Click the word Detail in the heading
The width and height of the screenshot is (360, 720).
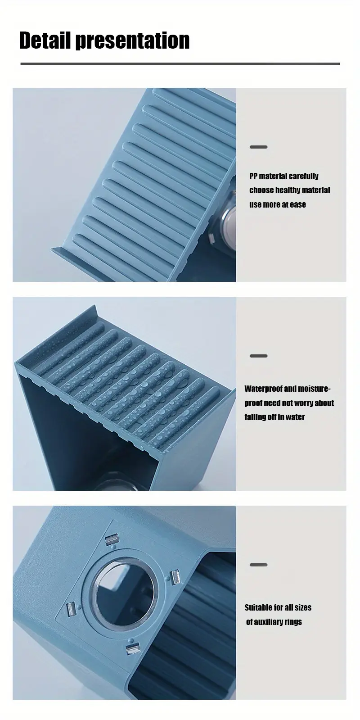(x=45, y=41)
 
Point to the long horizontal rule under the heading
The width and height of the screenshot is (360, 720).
(x=180, y=64)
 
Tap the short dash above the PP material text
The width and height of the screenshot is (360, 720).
(x=258, y=147)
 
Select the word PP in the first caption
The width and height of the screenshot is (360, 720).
(x=253, y=176)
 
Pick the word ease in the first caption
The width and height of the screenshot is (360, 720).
(x=297, y=204)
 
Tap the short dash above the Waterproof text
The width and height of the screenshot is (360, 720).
(x=258, y=356)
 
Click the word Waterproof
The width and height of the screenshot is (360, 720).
(x=264, y=389)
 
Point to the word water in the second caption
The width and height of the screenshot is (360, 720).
(x=295, y=417)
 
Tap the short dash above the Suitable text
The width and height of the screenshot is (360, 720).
(x=258, y=565)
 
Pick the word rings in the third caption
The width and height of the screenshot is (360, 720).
(x=293, y=622)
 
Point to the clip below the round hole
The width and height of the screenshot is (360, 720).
(x=133, y=649)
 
